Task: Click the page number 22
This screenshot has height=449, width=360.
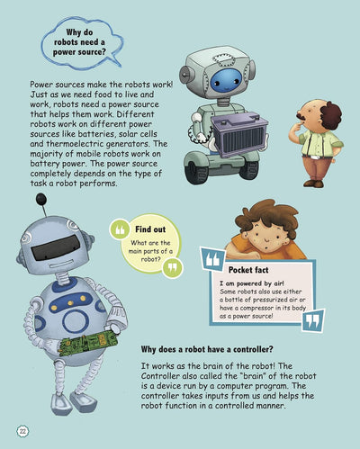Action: (22, 432)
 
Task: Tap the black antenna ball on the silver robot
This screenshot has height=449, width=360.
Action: (41, 199)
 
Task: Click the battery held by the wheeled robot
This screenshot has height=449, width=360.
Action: (239, 134)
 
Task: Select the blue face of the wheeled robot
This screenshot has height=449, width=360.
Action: (226, 80)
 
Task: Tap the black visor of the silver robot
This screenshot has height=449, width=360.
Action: (56, 247)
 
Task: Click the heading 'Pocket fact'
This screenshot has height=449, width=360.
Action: (248, 270)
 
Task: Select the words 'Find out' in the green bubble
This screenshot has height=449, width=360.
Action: (150, 229)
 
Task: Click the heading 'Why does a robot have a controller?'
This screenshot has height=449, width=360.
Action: (207, 349)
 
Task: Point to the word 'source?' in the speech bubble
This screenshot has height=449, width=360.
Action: (92, 52)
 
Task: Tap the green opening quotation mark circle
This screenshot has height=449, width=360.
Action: (120, 229)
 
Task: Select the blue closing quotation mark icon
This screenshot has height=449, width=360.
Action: (313, 320)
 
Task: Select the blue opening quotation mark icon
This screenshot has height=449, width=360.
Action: (213, 259)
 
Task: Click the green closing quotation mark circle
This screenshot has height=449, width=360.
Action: (173, 267)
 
